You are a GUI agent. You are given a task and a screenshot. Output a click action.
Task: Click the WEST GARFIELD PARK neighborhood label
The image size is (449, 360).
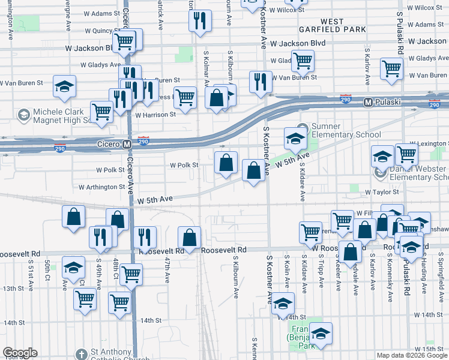pos(331,25)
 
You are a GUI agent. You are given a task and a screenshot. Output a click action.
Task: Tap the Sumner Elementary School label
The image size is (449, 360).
pos(342,130)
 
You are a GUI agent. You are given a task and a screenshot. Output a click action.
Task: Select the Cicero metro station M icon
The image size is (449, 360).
pos(127,145)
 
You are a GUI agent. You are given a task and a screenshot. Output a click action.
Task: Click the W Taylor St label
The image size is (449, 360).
pos(382,191)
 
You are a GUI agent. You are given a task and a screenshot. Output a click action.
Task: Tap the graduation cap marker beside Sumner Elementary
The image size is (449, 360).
pos(295,139)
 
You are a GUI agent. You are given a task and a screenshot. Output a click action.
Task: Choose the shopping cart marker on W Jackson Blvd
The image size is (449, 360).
pos(124,41)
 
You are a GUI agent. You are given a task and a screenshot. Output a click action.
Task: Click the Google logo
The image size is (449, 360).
pos(20,353)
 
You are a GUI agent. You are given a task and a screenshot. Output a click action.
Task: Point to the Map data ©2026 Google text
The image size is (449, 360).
pos(412,355)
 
